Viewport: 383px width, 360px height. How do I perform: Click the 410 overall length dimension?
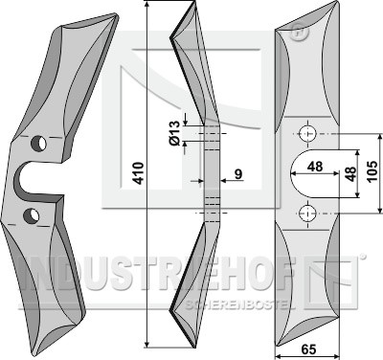[x=139, y=173]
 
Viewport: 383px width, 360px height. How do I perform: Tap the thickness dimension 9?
[x=238, y=174]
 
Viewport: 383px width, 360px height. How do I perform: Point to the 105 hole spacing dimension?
[x=372, y=171]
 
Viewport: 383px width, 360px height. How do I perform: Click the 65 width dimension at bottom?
[x=308, y=349]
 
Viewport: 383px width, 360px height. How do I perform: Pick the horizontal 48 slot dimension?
[x=314, y=167]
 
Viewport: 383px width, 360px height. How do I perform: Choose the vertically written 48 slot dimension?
[x=350, y=173]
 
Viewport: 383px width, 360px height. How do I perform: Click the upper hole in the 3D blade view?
[x=38, y=144]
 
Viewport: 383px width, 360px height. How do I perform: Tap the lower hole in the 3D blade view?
[x=32, y=215]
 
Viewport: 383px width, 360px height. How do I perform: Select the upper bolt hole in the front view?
[x=307, y=134]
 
